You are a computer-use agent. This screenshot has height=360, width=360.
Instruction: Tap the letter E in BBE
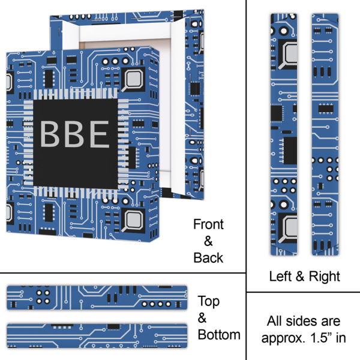coord(99,134)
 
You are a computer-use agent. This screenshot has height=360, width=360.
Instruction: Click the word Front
coord(208,225)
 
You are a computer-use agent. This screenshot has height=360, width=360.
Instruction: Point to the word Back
coord(208,258)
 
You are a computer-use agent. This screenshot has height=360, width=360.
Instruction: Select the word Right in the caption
coord(324,277)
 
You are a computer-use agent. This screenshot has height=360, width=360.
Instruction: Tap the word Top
coord(209,301)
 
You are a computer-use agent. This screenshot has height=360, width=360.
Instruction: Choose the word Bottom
coord(219,335)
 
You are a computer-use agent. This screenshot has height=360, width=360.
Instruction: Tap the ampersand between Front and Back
coord(208,241)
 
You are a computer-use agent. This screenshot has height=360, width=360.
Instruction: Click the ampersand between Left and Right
coord(302,277)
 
